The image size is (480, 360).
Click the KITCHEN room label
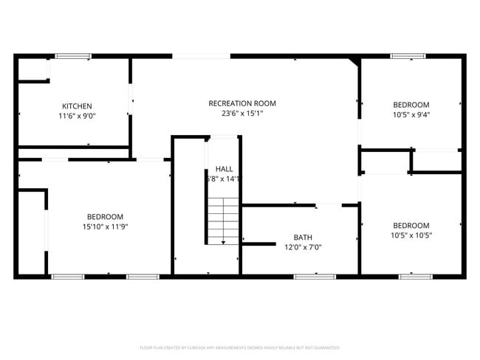click(x=77, y=106)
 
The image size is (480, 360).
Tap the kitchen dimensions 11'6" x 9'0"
click(x=77, y=116)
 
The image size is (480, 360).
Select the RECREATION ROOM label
click(x=242, y=103)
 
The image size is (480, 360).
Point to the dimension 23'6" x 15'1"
click(x=242, y=114)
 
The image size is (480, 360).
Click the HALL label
click(x=224, y=169)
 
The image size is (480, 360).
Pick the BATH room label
click(x=303, y=238)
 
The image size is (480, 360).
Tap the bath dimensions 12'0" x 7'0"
click(x=303, y=247)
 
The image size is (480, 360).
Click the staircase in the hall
click(x=224, y=220)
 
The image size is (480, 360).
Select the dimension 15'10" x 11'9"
click(x=105, y=226)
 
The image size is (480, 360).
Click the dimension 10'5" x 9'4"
click(x=411, y=114)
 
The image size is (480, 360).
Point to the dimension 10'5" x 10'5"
click(x=411, y=235)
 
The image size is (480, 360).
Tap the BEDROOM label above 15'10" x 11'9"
click(x=105, y=216)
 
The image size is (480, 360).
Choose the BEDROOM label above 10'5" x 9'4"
click(x=411, y=105)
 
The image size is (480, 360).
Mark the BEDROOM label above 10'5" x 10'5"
click(x=411, y=225)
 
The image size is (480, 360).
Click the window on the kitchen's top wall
click(x=73, y=56)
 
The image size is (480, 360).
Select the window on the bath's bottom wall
click(x=310, y=277)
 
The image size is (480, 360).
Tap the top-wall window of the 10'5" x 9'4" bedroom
click(x=408, y=56)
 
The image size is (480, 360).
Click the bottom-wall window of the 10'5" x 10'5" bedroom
click(x=415, y=277)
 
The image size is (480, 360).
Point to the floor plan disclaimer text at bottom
click(x=240, y=347)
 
